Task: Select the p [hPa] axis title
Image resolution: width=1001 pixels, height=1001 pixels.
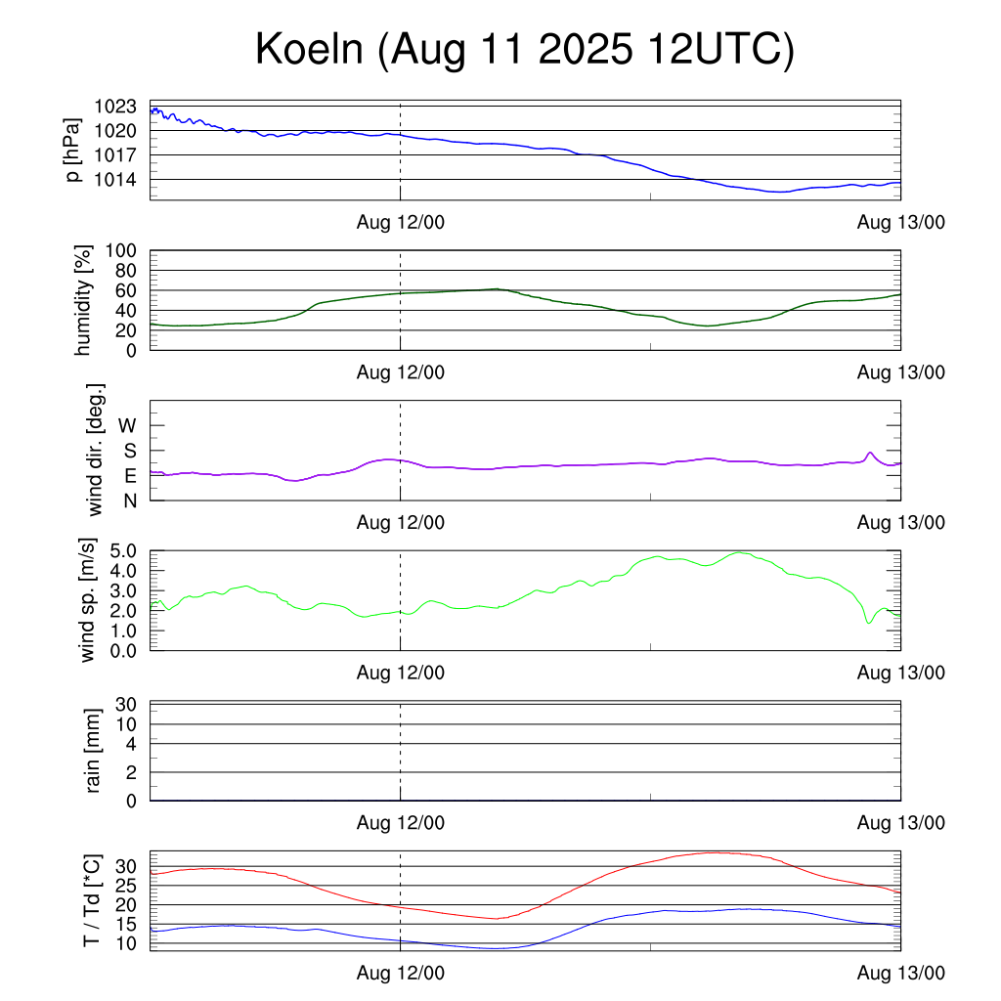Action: click(74, 150)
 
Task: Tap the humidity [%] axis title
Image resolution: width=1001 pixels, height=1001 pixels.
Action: click(84, 299)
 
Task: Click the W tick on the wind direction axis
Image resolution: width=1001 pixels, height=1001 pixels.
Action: click(128, 425)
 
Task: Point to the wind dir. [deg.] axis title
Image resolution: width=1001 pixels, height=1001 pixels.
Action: click(96, 450)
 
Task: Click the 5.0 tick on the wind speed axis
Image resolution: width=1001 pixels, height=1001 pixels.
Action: click(121, 550)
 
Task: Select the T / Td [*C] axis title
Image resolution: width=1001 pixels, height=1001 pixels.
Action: click(91, 899)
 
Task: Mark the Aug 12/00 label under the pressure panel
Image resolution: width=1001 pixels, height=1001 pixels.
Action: click(400, 223)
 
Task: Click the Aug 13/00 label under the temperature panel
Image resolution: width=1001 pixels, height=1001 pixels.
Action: click(900, 974)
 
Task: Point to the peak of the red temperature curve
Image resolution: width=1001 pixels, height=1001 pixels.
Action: click(717, 852)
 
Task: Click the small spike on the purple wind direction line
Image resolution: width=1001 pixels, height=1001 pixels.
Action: click(869, 453)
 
